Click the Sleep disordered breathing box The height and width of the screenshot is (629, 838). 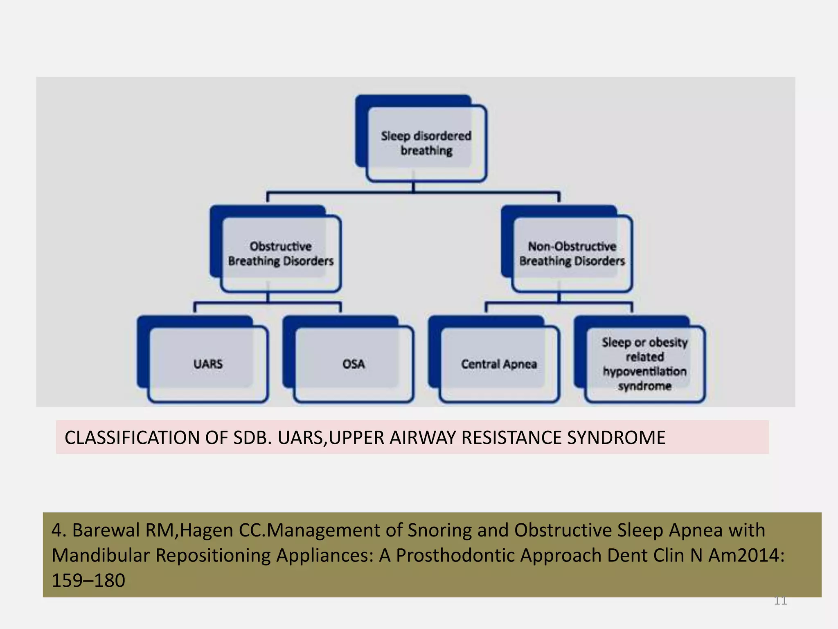click(426, 143)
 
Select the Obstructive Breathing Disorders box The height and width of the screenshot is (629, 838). click(281, 253)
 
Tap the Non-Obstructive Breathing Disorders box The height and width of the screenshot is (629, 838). click(572, 253)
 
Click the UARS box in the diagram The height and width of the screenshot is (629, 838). click(208, 364)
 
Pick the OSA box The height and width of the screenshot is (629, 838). click(354, 364)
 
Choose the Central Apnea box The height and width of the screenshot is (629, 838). click(499, 364)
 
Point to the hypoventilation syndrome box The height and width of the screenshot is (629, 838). click(644, 364)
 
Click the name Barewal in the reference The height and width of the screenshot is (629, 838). click(106, 530)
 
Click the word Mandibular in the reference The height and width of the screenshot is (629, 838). click(100, 556)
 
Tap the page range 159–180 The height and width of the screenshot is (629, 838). click(88, 581)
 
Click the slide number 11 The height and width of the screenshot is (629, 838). click(780, 601)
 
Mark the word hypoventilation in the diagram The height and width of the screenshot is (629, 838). click(644, 371)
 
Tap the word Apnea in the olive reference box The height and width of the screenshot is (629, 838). click(696, 530)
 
